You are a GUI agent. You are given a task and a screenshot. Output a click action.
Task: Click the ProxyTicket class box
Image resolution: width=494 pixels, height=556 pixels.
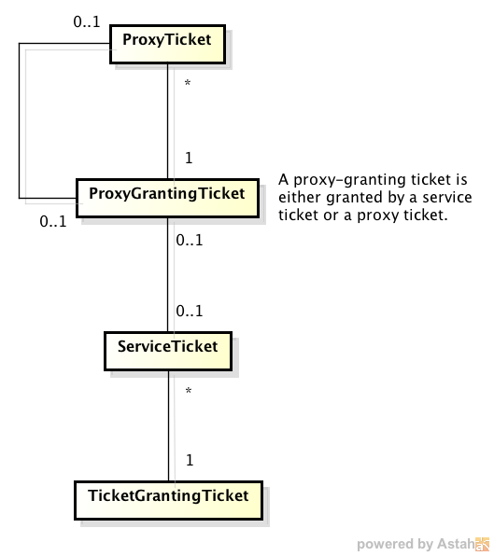[x=167, y=45]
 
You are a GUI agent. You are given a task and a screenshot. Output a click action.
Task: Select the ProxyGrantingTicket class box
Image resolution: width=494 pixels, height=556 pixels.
[x=167, y=198]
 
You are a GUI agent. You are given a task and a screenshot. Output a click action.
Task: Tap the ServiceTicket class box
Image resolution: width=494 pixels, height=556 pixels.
[x=168, y=351]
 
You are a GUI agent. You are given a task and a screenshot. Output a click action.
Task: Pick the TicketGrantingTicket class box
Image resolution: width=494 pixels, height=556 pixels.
[x=169, y=500]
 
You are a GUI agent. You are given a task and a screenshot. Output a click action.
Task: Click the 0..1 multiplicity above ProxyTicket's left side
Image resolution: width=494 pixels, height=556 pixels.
[x=87, y=22]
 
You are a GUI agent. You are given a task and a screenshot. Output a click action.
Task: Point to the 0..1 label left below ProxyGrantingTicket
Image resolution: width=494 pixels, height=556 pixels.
[x=53, y=222]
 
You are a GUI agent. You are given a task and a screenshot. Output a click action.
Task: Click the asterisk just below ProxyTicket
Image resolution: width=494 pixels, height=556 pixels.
[x=188, y=83]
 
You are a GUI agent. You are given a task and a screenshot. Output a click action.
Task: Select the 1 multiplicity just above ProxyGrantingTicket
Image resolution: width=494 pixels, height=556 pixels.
[x=189, y=158]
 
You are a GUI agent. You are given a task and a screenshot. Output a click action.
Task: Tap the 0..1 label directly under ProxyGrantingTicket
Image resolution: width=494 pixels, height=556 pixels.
[x=190, y=241]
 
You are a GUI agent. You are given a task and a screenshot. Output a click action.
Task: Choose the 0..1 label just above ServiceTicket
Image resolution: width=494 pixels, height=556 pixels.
[x=190, y=311]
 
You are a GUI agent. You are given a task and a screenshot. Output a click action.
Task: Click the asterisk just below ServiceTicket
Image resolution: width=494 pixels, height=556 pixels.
[x=189, y=391]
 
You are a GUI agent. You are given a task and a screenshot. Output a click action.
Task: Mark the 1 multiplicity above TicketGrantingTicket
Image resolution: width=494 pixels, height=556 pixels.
[x=190, y=460]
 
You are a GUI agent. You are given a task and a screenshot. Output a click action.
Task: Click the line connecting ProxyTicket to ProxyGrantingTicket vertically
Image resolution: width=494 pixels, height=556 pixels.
[x=168, y=121]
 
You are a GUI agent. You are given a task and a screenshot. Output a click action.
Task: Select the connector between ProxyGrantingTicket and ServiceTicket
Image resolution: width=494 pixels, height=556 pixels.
[x=168, y=275]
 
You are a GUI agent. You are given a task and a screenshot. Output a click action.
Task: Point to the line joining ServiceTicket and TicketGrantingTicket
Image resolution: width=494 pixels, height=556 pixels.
[x=169, y=426]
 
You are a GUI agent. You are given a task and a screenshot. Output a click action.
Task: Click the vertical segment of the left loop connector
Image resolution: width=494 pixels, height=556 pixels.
[x=20, y=121]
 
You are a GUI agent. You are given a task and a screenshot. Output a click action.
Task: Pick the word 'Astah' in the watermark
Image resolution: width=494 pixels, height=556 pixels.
[x=457, y=544]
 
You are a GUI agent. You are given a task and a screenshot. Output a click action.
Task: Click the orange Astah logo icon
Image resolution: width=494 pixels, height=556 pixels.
[x=482, y=544]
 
